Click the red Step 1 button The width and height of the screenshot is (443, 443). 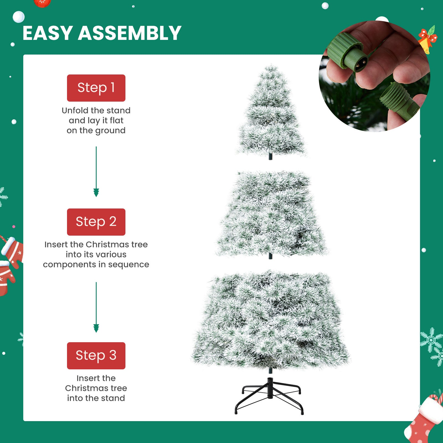tap(96, 88)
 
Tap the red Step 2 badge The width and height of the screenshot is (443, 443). tap(96, 222)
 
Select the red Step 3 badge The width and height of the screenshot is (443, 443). tap(96, 356)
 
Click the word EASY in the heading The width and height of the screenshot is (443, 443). tap(47, 33)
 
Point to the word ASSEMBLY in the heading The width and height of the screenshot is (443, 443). tap(129, 33)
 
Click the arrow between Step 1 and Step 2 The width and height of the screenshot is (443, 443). tap(96, 172)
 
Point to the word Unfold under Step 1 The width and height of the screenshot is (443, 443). tap(75, 110)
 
